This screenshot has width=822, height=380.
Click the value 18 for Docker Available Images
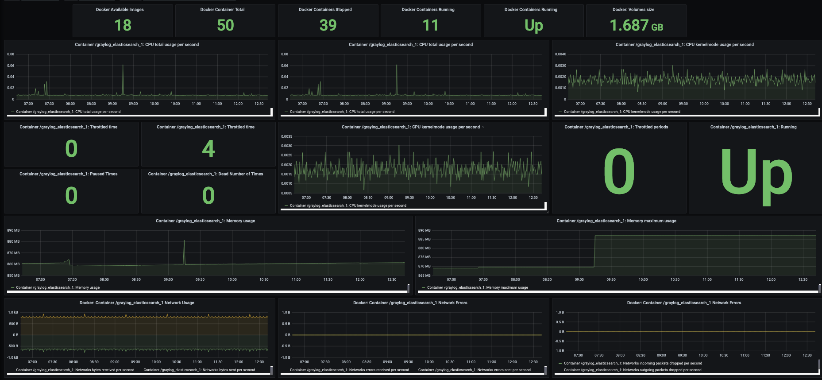click(x=123, y=25)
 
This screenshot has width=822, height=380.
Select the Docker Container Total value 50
click(x=225, y=25)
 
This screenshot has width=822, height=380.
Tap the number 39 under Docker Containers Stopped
click(x=328, y=25)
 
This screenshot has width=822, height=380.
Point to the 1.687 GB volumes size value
click(x=636, y=25)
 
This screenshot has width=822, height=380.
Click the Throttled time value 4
click(x=208, y=148)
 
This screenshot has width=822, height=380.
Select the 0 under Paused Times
click(x=71, y=195)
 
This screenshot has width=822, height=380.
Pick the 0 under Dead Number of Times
click(x=208, y=195)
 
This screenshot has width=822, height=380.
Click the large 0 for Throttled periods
click(x=619, y=171)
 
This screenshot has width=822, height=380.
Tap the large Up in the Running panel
click(x=756, y=176)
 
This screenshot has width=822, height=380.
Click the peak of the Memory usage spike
click(x=184, y=240)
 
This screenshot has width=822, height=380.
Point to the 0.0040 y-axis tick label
click(x=560, y=54)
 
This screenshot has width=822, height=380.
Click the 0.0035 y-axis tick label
click(x=286, y=136)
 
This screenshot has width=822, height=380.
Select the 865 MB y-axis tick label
click(x=424, y=275)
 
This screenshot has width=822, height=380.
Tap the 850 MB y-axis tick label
click(x=13, y=275)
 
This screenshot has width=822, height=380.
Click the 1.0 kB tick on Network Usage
click(x=13, y=312)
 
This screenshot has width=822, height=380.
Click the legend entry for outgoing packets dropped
click(x=632, y=370)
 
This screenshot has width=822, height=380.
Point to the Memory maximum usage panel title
click(x=616, y=221)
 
